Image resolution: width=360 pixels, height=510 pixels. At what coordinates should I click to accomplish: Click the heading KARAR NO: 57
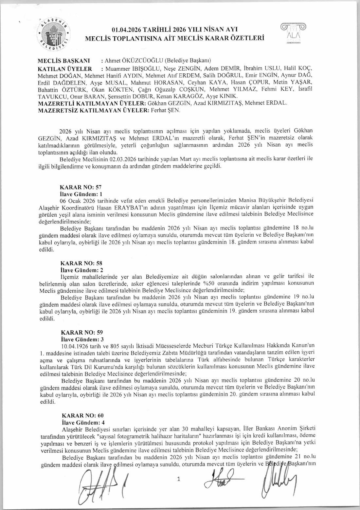tap(81, 187)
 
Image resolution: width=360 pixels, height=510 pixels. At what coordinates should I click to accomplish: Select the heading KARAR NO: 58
tap(81, 263)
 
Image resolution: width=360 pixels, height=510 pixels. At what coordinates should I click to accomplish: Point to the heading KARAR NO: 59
tap(82, 332)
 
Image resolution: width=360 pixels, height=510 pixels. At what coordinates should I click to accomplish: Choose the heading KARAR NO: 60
tap(82, 415)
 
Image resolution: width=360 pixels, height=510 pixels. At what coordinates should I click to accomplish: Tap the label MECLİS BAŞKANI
tap(64, 61)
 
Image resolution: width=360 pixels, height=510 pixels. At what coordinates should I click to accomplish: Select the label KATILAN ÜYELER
tap(65, 69)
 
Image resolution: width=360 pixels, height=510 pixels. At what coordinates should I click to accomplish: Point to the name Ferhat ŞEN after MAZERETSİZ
tap(165, 110)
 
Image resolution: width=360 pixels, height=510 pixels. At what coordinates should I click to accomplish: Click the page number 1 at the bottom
tap(179, 479)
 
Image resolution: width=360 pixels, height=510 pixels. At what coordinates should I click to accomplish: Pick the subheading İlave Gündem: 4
tap(83, 423)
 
